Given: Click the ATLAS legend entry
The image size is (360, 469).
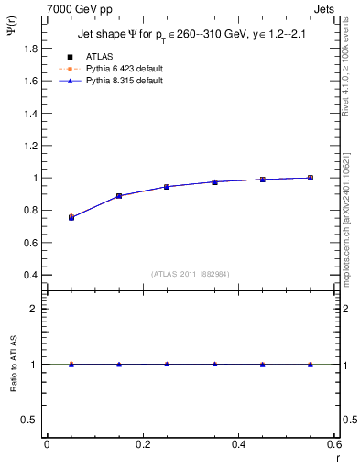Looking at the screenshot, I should point(98,57).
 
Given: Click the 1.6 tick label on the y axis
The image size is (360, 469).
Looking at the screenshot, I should point(31,81).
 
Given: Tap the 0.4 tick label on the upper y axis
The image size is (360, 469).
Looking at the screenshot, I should point(31,275).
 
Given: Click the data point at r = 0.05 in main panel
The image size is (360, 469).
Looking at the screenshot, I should point(71,217).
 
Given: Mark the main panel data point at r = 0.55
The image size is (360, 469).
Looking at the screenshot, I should point(311,178).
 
